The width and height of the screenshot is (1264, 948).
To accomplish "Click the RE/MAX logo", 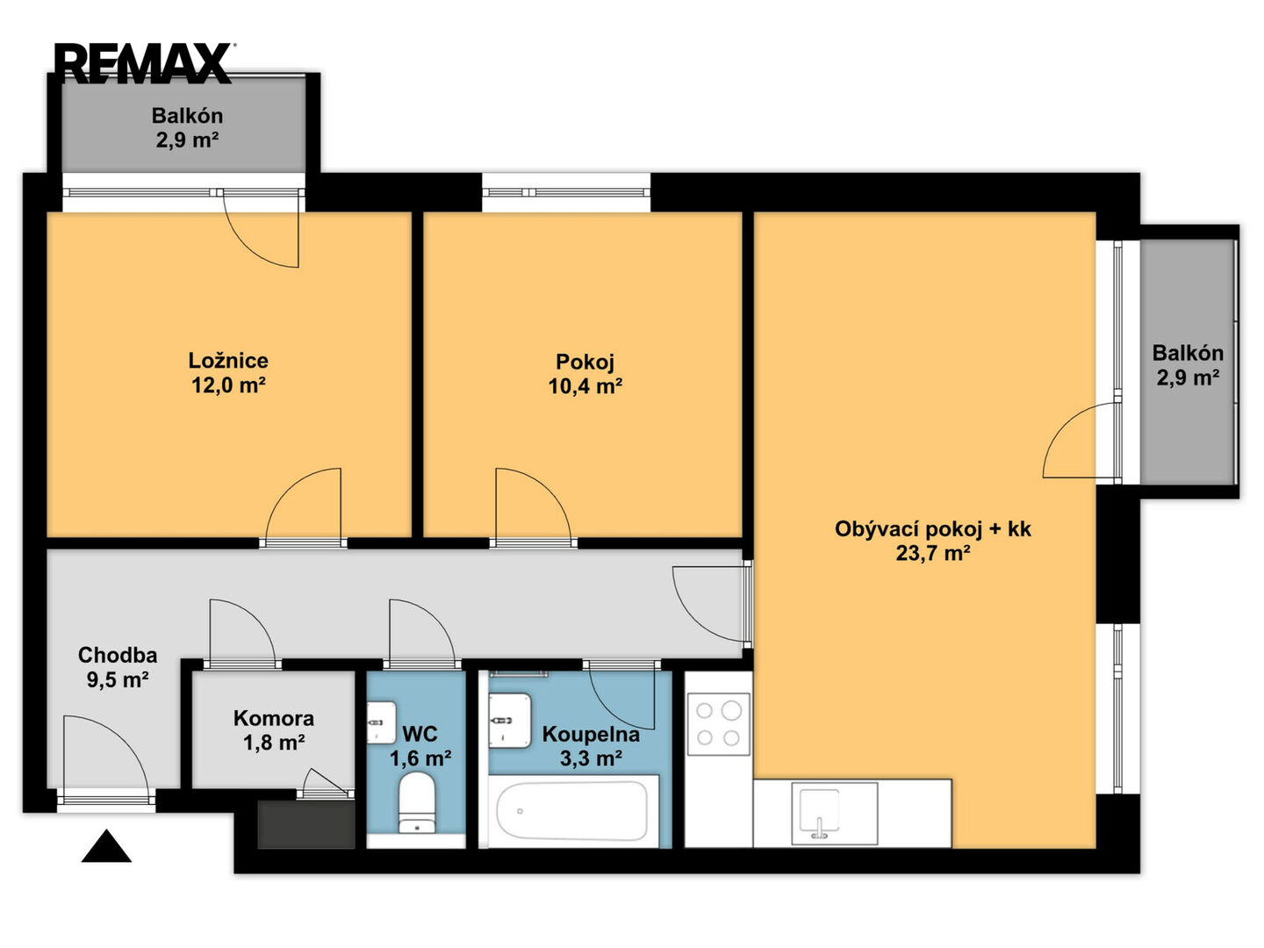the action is (144, 63).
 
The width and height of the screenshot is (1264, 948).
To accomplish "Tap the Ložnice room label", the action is (228, 360).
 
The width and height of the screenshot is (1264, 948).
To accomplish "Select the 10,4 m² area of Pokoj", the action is (585, 386).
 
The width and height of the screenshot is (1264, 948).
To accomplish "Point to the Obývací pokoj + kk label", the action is (932, 528).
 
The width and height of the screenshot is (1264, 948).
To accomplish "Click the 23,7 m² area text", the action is (933, 553).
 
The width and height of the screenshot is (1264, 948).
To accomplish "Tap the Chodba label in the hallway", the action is (118, 655).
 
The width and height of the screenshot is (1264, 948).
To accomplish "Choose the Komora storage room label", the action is (274, 718).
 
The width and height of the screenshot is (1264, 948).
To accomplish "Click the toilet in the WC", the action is (417, 801).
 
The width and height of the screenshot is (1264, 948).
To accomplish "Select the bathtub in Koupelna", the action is (572, 810).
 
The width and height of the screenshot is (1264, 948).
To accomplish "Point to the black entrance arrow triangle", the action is (106, 846).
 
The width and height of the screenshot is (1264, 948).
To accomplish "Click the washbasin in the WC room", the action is (381, 722).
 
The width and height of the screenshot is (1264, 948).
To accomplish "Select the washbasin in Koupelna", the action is (510, 720).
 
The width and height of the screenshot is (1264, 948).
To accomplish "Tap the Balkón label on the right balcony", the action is (1188, 352).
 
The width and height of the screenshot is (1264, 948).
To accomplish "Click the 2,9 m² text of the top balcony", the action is (187, 140).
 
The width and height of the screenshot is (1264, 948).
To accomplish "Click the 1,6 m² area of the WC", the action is (420, 758).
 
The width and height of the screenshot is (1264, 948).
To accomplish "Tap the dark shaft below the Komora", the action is (305, 824).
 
